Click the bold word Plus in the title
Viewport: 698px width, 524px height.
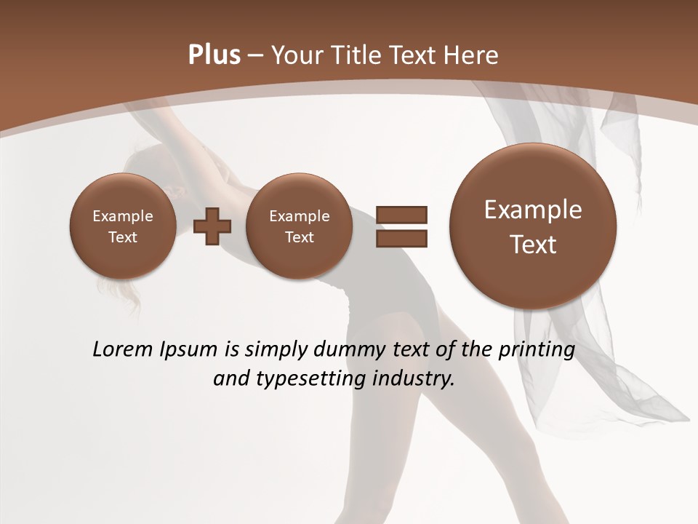click(x=214, y=55)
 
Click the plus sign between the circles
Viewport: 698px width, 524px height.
click(x=212, y=226)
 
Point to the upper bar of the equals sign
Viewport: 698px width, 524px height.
click(x=401, y=215)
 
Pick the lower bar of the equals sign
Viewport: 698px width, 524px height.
click(x=401, y=238)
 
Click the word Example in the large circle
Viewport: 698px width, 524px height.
click(x=533, y=210)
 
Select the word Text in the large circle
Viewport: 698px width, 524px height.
click(x=533, y=245)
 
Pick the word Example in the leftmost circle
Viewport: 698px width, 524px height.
click(x=123, y=216)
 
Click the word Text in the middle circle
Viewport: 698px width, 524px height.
click(x=299, y=237)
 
